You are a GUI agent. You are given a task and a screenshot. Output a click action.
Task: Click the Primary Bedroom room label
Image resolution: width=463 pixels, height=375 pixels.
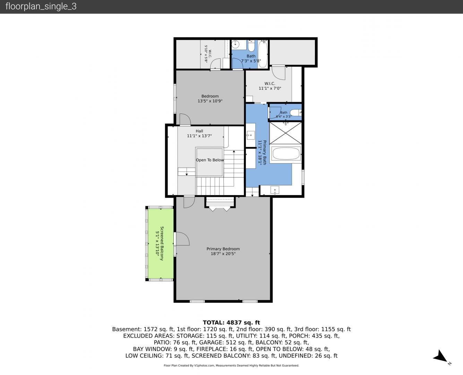pos(223,249)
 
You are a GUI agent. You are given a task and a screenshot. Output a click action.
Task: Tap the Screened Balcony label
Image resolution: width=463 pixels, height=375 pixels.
pos(162,243)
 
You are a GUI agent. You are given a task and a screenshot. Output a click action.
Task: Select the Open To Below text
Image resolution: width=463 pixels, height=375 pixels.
pos(210,160)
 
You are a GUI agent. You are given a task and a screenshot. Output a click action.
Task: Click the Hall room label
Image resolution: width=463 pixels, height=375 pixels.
pos(199,131)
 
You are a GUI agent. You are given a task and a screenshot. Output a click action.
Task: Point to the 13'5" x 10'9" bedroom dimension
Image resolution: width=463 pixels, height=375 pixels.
pos(210,101)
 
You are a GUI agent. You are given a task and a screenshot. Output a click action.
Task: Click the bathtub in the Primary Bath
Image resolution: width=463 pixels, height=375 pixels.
pos(286,153)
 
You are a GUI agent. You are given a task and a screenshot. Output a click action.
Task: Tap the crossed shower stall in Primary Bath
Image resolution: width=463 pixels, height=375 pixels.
pos(285,133)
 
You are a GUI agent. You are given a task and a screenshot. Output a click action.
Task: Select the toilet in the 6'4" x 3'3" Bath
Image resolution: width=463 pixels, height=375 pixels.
pos(295,113)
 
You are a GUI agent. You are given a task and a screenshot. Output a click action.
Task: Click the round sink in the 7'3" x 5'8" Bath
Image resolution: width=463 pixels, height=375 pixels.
pos(235,44)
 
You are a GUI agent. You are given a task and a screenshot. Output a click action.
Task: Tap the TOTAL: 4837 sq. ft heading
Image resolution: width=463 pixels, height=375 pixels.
pos(231,323)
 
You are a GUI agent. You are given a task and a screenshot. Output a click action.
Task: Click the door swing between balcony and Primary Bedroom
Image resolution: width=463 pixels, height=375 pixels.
pos(182,239)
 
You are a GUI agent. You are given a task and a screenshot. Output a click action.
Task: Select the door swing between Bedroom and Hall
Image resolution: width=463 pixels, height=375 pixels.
pos(185,119)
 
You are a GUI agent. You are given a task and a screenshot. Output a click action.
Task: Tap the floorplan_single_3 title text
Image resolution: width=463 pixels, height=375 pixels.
pos(41,7)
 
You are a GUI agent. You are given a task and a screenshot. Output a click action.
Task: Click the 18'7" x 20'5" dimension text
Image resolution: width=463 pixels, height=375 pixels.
pos(223,253)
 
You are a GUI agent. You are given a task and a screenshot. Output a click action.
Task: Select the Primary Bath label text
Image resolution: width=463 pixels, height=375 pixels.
pos(265,152)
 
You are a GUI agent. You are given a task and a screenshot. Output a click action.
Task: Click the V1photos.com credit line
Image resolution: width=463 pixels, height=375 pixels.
pos(231,365)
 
